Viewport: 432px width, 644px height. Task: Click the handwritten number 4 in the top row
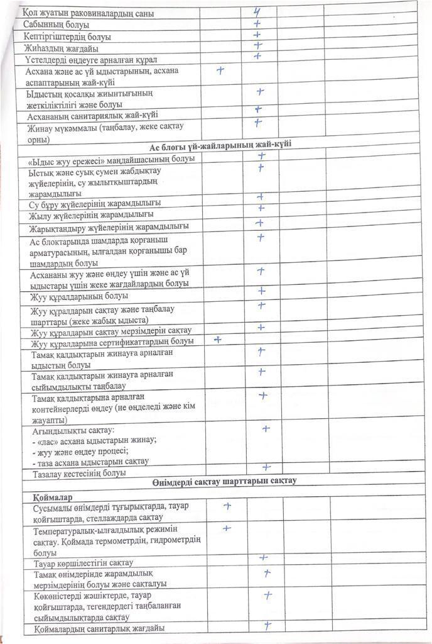click(257, 11)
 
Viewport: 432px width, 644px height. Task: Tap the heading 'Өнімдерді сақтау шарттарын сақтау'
click(224, 482)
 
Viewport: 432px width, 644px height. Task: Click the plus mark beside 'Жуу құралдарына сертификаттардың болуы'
click(219, 340)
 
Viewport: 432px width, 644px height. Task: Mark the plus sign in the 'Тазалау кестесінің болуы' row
click(266, 467)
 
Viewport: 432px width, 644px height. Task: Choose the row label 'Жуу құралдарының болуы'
click(79, 296)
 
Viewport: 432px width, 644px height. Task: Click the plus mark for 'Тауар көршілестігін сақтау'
click(264, 558)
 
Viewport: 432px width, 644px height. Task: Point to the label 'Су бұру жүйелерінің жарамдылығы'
click(95, 203)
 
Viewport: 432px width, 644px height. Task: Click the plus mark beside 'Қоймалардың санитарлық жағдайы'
click(267, 625)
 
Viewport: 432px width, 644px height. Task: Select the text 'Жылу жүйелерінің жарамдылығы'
click(91, 214)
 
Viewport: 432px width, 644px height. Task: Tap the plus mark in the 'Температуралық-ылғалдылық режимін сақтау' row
click(227, 529)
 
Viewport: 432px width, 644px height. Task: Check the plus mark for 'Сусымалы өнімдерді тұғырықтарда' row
click(227, 506)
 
